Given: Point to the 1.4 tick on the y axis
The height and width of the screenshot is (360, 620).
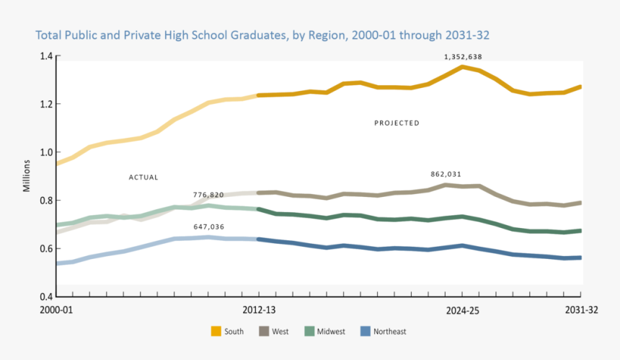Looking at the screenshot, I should pos(45,56).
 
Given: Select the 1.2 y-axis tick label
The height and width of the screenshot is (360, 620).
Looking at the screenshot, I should pos(45,104).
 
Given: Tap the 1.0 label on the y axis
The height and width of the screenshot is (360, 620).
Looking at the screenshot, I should pos(45,152).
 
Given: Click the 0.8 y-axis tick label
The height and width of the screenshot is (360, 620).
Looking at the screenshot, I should pos(45,201).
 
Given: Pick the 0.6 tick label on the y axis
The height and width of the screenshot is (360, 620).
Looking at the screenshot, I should pos(45,249).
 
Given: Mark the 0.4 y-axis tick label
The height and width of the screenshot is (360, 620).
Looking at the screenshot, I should pos(45,297).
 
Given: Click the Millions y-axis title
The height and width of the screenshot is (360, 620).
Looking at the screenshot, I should pos(27,177).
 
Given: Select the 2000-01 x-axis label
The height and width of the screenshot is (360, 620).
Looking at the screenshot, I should pos(56,309).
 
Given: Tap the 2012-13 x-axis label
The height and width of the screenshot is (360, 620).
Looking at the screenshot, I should pos(258,309).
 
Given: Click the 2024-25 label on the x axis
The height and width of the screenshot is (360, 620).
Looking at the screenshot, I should pos(461,309).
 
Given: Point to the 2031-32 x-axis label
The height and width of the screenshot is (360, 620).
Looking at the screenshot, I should pos(580,309).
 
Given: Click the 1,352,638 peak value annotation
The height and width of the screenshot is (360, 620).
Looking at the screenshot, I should pos(463,56).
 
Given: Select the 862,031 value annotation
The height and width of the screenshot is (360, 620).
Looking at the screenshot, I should pos(446,175).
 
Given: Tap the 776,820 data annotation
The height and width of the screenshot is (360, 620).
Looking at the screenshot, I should pos(208,195).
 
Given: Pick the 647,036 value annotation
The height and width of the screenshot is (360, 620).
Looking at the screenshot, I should pos(208,227).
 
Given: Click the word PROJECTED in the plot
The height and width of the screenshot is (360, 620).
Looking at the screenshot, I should pos(397,123).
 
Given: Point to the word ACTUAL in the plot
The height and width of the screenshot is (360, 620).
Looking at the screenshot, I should pos(143,177).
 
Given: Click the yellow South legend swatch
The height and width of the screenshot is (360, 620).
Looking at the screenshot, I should pos(216,332).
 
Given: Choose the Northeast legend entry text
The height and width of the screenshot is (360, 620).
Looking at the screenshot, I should pos(390,332).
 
